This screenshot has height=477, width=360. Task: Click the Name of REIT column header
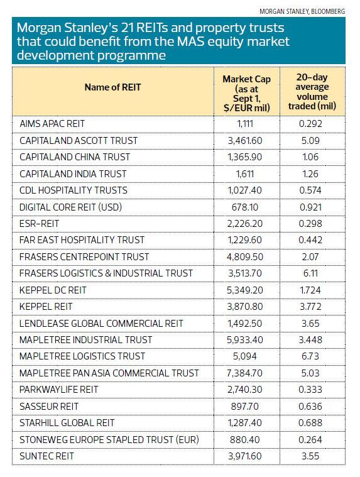pos(112,87)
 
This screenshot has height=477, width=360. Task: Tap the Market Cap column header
pos(246,94)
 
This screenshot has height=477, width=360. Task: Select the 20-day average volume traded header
pos(312,92)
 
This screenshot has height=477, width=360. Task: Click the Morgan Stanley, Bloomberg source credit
pos(302,11)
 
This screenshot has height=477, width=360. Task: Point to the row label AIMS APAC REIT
pos(52,124)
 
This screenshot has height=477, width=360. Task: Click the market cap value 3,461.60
pos(245,141)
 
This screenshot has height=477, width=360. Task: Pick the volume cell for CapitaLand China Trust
pos(310,157)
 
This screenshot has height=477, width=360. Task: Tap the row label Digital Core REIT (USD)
pos(70,207)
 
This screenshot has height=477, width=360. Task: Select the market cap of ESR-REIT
pos(245,224)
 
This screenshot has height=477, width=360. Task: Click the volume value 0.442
pos(310,240)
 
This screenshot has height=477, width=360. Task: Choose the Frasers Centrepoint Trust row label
pos(84,257)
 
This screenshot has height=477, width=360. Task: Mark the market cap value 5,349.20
pos(245,290)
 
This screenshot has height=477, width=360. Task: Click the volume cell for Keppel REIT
pos(310,306)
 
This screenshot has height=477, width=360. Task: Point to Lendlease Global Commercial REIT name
pos(101,323)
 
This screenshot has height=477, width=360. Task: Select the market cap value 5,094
pos(245,356)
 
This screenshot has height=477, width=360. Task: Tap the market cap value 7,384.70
pos(245,373)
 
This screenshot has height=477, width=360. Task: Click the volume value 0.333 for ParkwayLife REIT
pos(310,390)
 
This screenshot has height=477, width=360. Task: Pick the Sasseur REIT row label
pos(49,407)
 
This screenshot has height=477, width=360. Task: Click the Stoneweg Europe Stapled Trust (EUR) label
pos(109,440)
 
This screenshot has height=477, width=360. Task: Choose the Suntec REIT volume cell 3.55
pos(310,456)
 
